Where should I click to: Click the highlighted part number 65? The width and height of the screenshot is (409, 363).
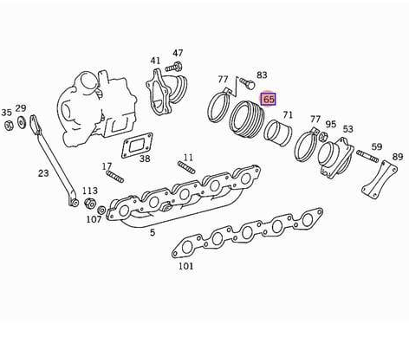click(269, 100)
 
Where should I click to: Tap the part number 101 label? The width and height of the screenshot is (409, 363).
click(185, 266)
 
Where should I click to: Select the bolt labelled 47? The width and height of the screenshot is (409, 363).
click(173, 68)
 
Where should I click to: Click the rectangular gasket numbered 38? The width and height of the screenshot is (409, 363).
click(137, 146)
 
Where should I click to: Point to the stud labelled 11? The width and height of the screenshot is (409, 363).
click(186, 168)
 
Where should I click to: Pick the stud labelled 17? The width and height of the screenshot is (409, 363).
click(115, 177)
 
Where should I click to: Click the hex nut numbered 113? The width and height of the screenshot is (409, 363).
click(90, 203)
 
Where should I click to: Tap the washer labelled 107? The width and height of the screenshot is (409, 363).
click(101, 210)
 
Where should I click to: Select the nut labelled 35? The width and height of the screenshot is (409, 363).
click(10, 125)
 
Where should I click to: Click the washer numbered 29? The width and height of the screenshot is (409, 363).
click(21, 122)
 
